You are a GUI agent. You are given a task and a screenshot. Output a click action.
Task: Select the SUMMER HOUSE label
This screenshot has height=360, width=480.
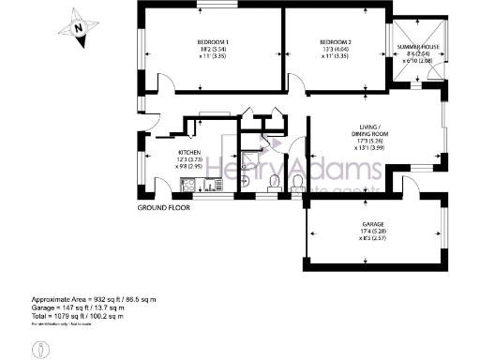tap(418, 46)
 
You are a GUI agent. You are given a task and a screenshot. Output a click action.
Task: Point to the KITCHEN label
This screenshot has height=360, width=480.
tap(190, 152)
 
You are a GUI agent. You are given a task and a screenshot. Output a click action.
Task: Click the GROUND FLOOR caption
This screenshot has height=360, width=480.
tap(164, 207)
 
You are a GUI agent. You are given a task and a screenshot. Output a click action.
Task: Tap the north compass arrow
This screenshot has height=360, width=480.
tap(81, 26)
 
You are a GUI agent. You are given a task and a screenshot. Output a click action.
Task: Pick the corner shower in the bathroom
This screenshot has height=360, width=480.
tap(249, 150)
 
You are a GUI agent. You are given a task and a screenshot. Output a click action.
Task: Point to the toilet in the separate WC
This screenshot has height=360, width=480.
tap(297, 182)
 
